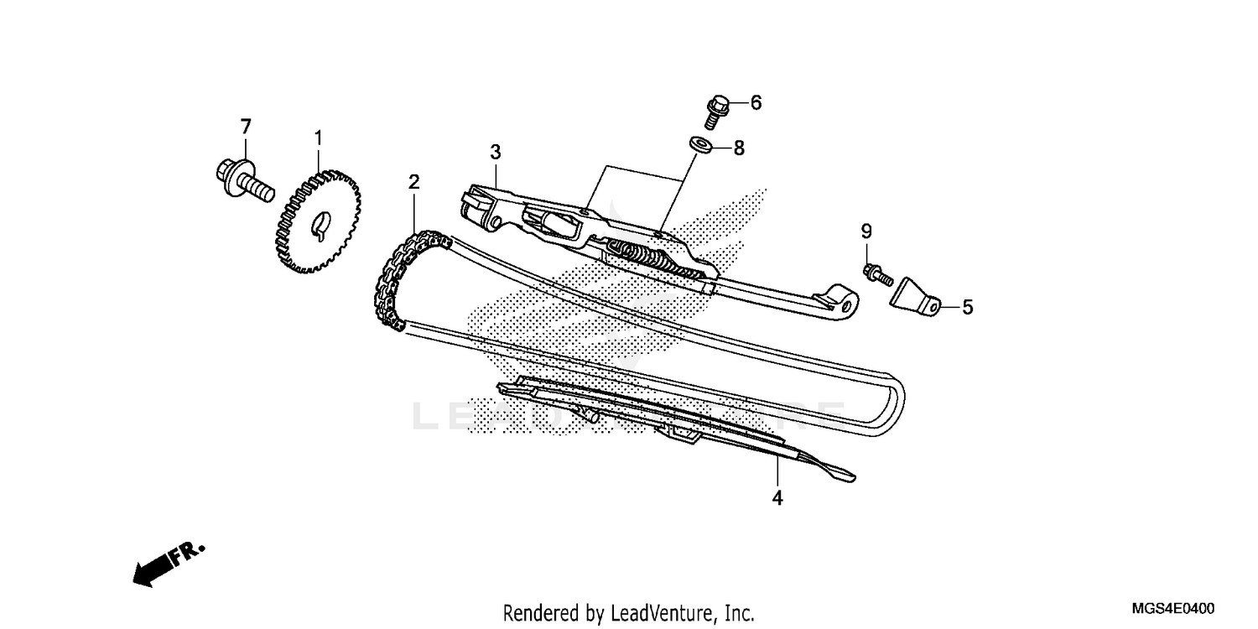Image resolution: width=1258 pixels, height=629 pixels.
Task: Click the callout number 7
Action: point(246,127)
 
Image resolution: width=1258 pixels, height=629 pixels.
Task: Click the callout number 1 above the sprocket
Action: point(319,137)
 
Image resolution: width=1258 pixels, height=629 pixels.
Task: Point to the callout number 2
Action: point(413,182)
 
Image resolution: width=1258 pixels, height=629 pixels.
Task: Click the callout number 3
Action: point(496,152)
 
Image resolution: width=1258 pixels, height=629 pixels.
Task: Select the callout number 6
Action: point(756,103)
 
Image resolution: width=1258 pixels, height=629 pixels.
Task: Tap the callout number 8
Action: point(738,148)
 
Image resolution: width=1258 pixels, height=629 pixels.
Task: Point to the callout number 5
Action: point(967,308)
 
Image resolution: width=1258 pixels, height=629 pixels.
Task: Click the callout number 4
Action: point(777,498)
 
